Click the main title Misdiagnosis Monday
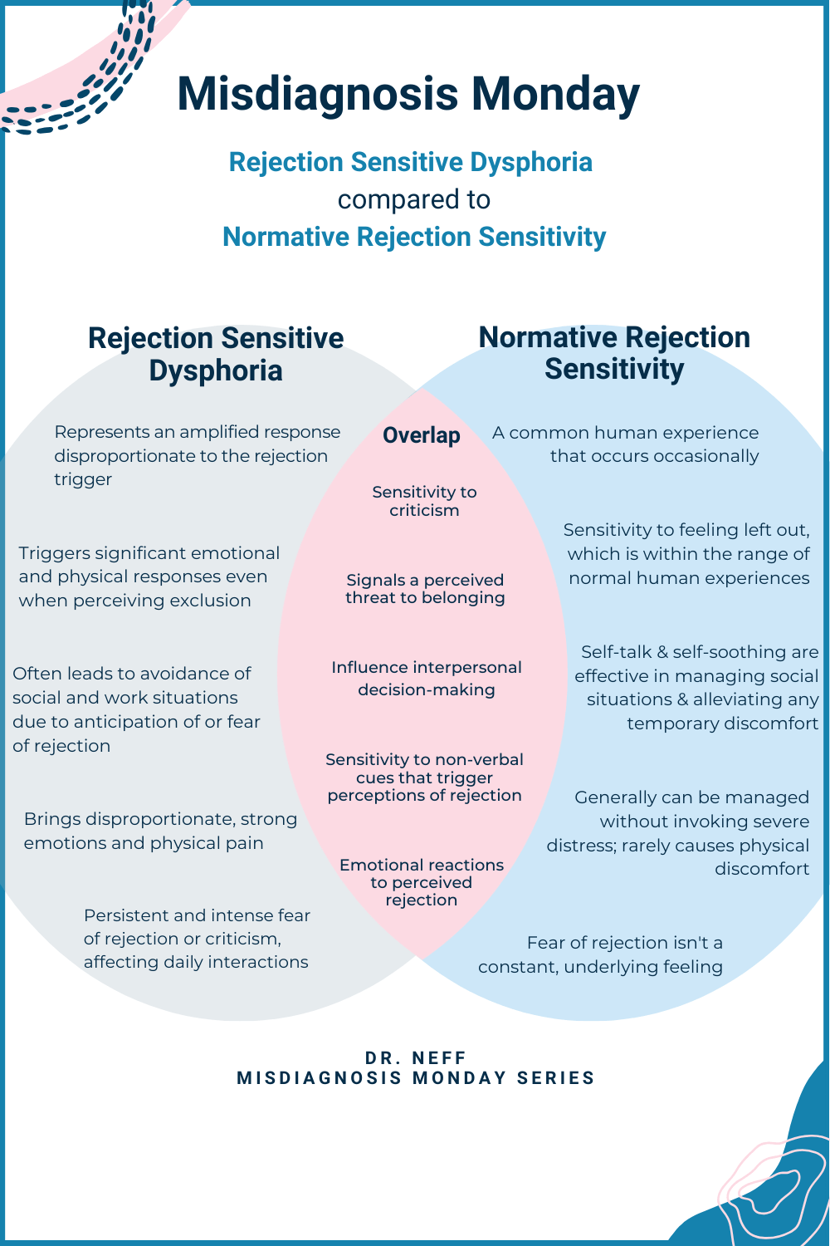[x=408, y=93]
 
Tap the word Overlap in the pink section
[x=422, y=435]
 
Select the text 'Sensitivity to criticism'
[x=424, y=501]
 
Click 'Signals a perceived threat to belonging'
[x=425, y=589]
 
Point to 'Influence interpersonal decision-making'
[x=427, y=678]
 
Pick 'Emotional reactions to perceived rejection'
[x=422, y=882]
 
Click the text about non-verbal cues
[x=424, y=778]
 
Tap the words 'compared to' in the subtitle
[x=414, y=199]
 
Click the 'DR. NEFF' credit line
[x=416, y=1057]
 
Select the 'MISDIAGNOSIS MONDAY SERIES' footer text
[x=416, y=1078]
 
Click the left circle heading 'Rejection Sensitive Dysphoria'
[x=216, y=354]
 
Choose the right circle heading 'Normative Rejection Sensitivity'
[x=614, y=352]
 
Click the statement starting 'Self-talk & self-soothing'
[x=697, y=687]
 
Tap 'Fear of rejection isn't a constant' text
[x=601, y=954]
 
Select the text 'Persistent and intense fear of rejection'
[x=197, y=939]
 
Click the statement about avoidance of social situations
[x=136, y=709]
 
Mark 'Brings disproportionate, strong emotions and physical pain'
[x=160, y=831]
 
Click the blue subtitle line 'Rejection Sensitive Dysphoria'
[x=411, y=162]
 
